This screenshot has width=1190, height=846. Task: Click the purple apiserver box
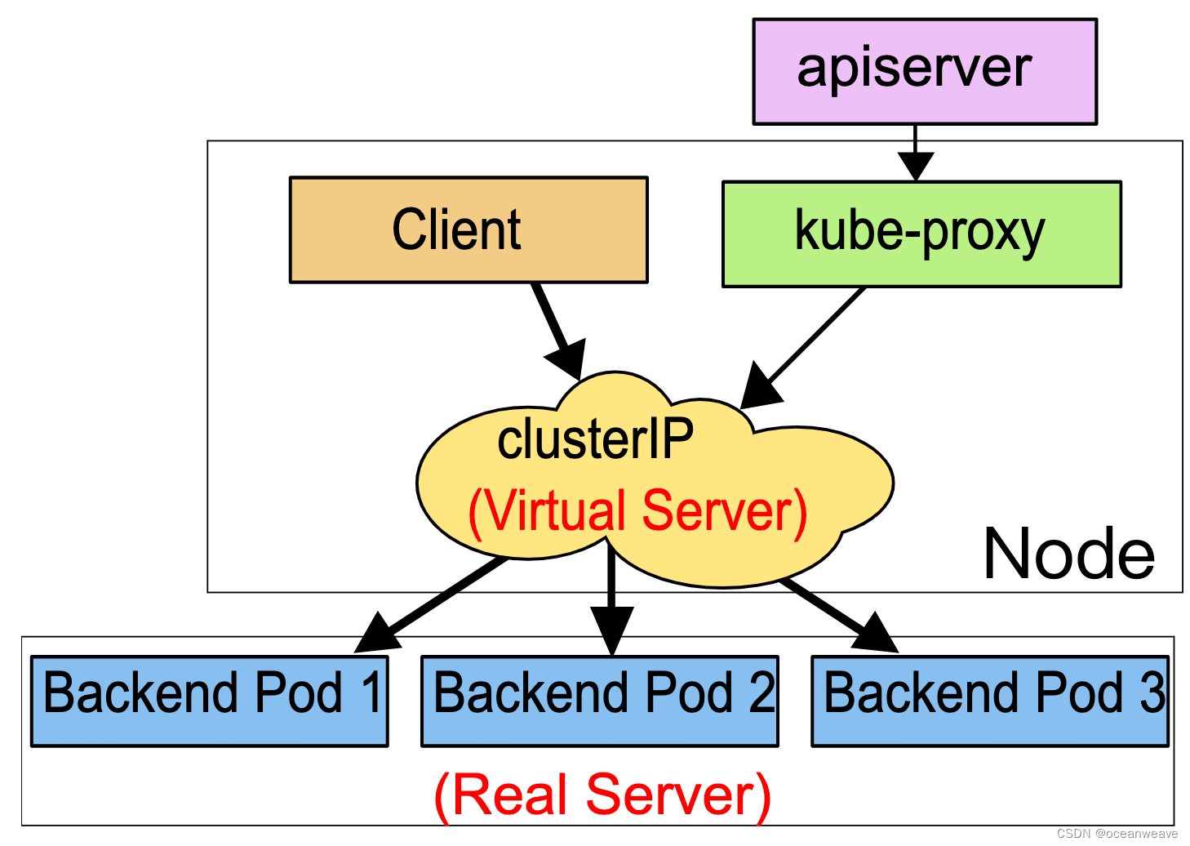click(924, 72)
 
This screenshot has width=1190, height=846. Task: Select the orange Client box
click(468, 229)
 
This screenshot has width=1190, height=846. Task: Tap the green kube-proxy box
click(921, 234)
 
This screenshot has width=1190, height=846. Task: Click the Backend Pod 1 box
click(209, 701)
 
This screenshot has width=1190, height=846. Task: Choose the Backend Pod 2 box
click(599, 701)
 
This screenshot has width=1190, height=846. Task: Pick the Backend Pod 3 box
click(989, 701)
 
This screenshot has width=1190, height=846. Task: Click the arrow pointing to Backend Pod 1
click(433, 604)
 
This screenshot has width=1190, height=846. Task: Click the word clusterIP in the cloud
click(595, 439)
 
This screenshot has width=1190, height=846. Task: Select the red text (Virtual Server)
click(637, 512)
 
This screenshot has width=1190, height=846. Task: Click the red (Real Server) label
click(602, 795)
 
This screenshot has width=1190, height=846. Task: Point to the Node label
click(1068, 554)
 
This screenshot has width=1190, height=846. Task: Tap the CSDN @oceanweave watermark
click(1117, 834)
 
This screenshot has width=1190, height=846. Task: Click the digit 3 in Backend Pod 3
click(1152, 692)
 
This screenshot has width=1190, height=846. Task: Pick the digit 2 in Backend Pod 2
click(762, 692)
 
